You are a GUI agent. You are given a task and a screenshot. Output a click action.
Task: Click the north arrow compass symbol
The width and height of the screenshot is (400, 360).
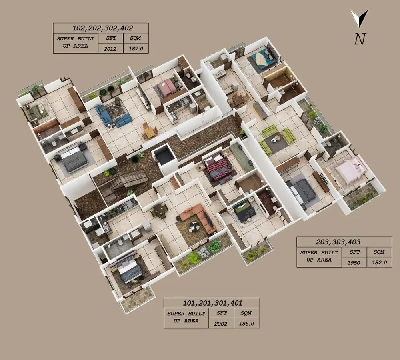point(359,18)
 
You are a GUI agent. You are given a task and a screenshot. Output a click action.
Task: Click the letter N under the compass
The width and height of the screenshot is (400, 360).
point(360,39)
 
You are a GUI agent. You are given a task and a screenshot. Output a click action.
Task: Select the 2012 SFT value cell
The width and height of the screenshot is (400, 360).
point(110,48)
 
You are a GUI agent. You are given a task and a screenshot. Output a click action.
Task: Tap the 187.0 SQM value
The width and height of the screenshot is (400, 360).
point(136,48)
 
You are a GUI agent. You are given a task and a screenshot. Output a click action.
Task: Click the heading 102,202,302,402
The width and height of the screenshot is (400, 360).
point(102,28)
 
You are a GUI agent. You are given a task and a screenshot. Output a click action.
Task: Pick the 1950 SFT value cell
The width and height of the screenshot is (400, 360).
point(354,262)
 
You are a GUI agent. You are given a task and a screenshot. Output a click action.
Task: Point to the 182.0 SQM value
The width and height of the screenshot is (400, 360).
point(379,262)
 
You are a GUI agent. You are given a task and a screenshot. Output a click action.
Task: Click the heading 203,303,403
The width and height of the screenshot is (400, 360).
point(338,242)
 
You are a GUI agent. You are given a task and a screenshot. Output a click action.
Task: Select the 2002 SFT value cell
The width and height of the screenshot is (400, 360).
point(221,324)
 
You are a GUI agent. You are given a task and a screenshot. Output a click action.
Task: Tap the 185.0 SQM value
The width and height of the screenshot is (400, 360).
point(246,324)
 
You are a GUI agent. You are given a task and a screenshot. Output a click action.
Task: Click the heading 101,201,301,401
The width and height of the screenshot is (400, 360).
point(213,303)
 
